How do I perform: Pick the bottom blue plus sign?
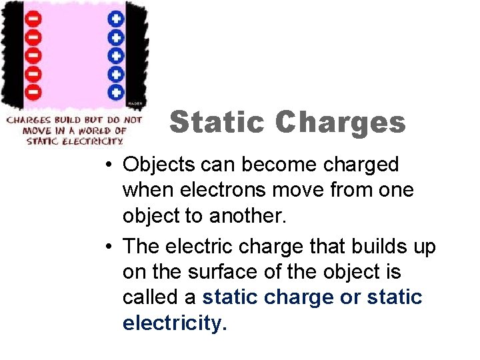tap(117, 91)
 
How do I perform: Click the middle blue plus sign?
tap(117, 55)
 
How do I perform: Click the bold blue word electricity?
tap(175, 323)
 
